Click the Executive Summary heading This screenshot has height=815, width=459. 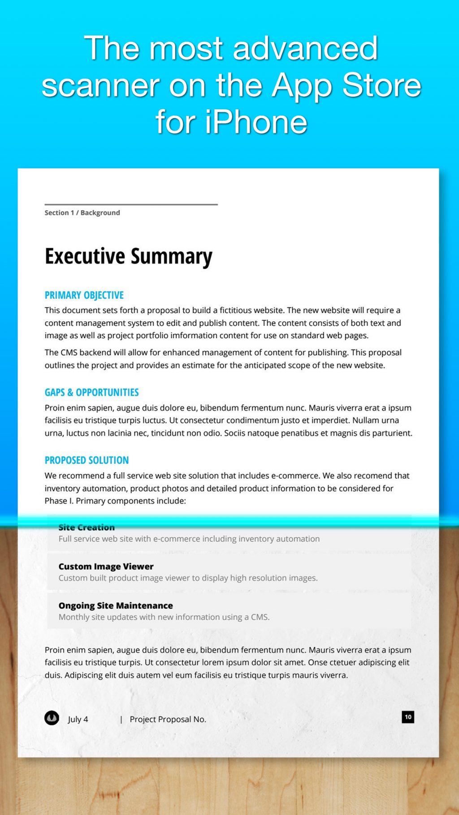(x=128, y=257)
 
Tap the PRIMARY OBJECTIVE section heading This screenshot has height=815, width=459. (x=84, y=296)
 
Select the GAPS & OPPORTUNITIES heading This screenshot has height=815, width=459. (x=91, y=393)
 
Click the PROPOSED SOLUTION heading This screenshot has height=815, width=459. (x=87, y=460)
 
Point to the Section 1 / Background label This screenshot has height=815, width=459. (x=82, y=213)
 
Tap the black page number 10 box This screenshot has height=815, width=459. (x=408, y=717)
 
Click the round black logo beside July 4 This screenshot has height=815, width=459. (x=52, y=718)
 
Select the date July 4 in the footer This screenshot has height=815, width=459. (x=78, y=719)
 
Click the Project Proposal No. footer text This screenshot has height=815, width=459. (x=168, y=719)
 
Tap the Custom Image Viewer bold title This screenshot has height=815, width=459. (x=106, y=566)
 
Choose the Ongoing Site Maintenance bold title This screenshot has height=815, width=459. (x=116, y=605)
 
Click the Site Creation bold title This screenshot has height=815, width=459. (x=87, y=528)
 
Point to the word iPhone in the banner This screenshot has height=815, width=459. (x=256, y=122)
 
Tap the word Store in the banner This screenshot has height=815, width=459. (x=381, y=85)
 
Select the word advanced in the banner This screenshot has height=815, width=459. (x=305, y=48)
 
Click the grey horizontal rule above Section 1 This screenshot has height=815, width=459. (x=131, y=204)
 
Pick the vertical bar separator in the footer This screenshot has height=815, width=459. (x=121, y=719)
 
